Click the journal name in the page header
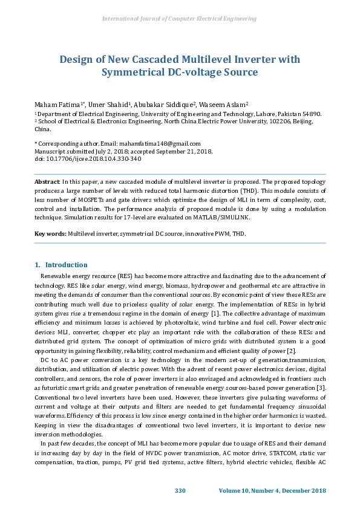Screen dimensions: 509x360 [x=180, y=19]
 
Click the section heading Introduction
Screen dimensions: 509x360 [x=66, y=265]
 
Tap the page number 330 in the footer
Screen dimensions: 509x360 [x=180, y=490]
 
